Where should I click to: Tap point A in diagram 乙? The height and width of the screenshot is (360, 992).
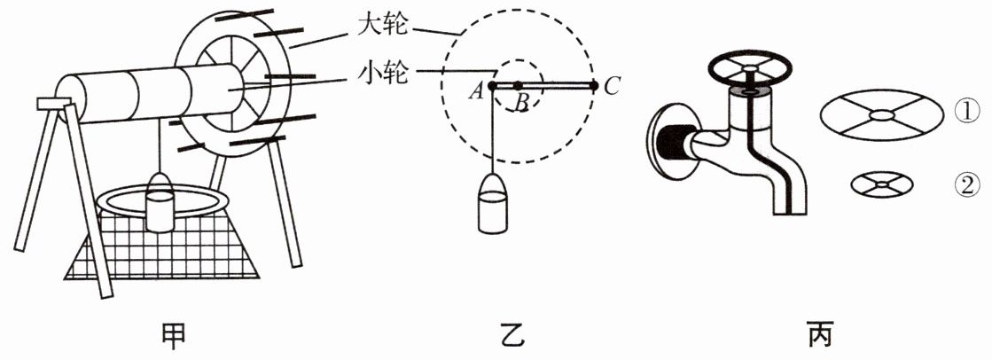pos(492,85)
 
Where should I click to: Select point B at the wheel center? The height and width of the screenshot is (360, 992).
pos(518,85)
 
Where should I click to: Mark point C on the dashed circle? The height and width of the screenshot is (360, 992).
pos(593,85)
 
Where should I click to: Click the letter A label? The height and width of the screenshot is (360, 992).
pos(476,92)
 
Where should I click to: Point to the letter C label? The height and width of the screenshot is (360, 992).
pos(611,85)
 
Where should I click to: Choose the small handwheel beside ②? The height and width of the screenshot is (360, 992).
pos(882,184)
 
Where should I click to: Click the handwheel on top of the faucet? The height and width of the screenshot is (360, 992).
pos(750,67)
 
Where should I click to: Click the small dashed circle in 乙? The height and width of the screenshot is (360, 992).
pos(518,60)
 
